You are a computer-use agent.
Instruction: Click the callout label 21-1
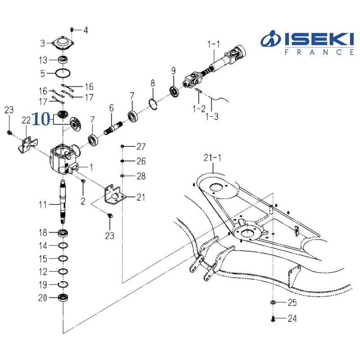(213, 158)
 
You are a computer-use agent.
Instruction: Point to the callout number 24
(292, 319)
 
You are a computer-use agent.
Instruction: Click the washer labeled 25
(274, 302)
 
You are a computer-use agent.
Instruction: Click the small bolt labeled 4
(73, 30)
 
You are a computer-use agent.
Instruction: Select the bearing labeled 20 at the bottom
(63, 297)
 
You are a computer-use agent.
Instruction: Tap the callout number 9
(173, 71)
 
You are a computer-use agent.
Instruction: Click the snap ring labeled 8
(153, 103)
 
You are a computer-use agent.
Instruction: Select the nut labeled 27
(122, 147)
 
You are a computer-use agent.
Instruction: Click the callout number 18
(42, 233)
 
